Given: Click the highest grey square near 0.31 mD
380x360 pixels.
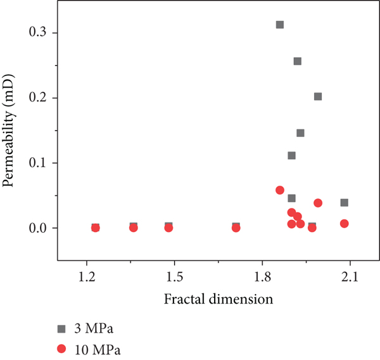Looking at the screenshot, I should [279, 25].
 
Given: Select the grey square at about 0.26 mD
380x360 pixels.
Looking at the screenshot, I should [297, 61].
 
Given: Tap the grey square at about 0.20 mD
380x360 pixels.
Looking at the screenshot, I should [318, 96].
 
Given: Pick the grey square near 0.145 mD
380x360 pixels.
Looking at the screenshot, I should [300, 133].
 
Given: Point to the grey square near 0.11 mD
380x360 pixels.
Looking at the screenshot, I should [291, 155].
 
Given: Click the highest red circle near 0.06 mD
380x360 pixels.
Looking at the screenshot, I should [280, 190].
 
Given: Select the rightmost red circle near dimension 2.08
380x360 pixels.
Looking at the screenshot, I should [344, 223].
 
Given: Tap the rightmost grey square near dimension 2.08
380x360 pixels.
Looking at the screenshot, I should [344, 203].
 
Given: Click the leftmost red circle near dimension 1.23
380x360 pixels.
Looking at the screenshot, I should [96, 228].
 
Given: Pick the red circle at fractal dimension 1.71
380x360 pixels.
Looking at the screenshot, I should [236, 228].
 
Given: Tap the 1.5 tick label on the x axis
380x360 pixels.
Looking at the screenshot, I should [174, 277].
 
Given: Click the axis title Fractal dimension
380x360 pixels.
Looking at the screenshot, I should [218, 299].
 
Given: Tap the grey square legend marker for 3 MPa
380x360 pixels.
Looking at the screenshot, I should [62, 328].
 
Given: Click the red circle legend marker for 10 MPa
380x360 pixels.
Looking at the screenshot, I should [62, 348].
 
